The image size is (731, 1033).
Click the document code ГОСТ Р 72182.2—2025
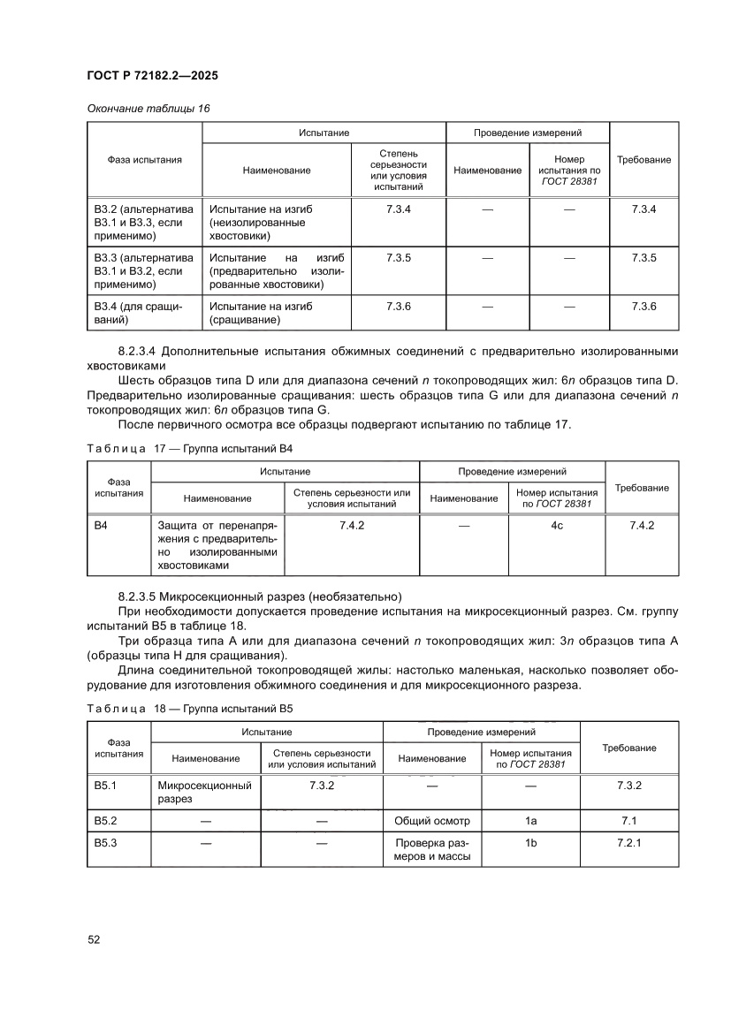pos(152,76)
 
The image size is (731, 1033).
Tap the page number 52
pos(94,939)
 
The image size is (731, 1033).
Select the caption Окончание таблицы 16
pos(148,108)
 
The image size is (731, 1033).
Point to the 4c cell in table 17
pos(557,526)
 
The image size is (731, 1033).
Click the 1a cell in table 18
pos(530,821)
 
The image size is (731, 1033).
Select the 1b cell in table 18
pos(530,843)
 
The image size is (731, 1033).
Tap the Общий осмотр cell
pos(432,821)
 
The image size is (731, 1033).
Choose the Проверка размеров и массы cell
pos(432,850)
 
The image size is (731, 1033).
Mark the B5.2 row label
pos(106,821)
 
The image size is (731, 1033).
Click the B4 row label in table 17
pos(102,526)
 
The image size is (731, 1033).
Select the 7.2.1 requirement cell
pos(629,843)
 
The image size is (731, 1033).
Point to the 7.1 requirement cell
pos(629,821)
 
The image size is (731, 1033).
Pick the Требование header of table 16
pos(643,160)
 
